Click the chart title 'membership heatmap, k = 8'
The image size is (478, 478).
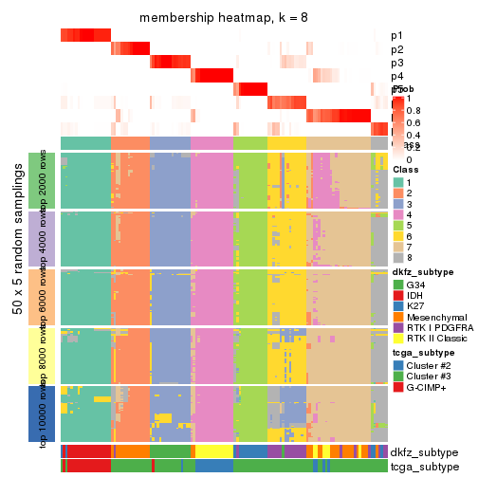click(x=224, y=18)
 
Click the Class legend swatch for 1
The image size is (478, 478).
click(x=398, y=182)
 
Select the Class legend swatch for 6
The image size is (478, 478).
click(x=398, y=234)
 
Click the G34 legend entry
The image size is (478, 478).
click(x=398, y=284)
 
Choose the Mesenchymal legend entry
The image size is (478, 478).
click(x=398, y=315)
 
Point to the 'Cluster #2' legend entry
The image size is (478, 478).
click(x=398, y=364)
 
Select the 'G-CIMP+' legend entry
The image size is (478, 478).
click(x=398, y=385)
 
